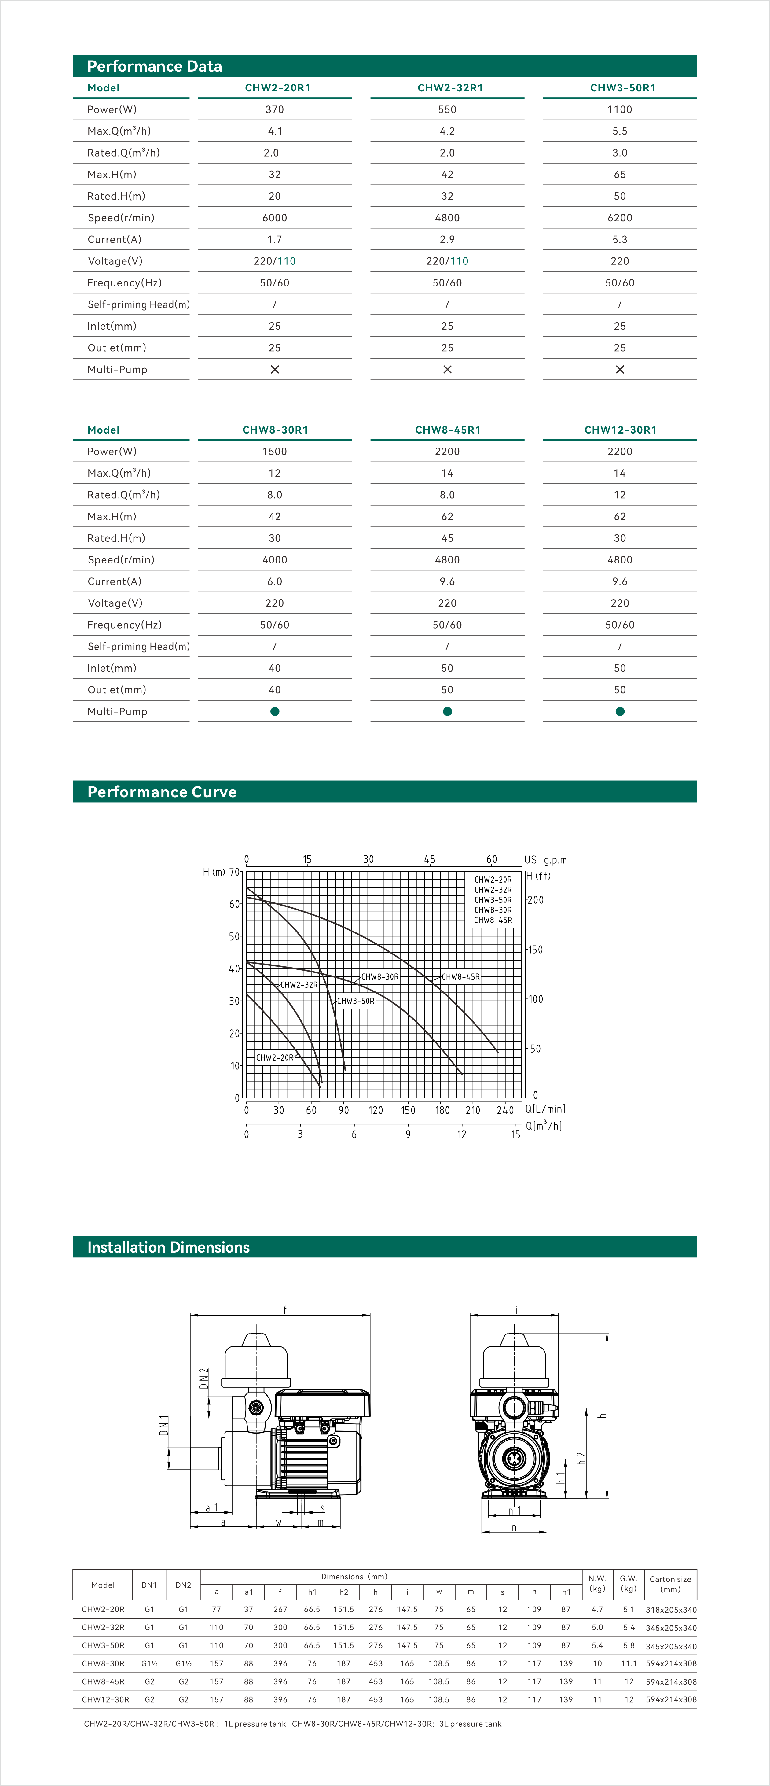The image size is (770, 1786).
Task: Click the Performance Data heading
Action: (155, 67)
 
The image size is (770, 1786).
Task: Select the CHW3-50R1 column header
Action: (622, 88)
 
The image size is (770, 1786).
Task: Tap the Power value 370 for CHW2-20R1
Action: (274, 109)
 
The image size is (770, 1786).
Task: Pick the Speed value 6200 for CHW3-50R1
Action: (620, 218)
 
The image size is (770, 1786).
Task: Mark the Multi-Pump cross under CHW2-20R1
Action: (274, 370)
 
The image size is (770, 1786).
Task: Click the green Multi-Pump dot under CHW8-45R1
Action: (447, 711)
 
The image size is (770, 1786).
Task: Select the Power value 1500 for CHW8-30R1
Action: (274, 451)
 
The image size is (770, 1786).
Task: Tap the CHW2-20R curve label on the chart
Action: (274, 1057)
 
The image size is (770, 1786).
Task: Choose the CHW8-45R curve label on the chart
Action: (460, 976)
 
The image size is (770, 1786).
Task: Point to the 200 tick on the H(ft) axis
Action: (536, 900)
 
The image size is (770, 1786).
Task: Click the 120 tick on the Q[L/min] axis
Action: (376, 1110)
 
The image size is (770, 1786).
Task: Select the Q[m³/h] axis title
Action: (543, 1125)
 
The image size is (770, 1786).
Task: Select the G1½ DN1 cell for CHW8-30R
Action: (149, 1663)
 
